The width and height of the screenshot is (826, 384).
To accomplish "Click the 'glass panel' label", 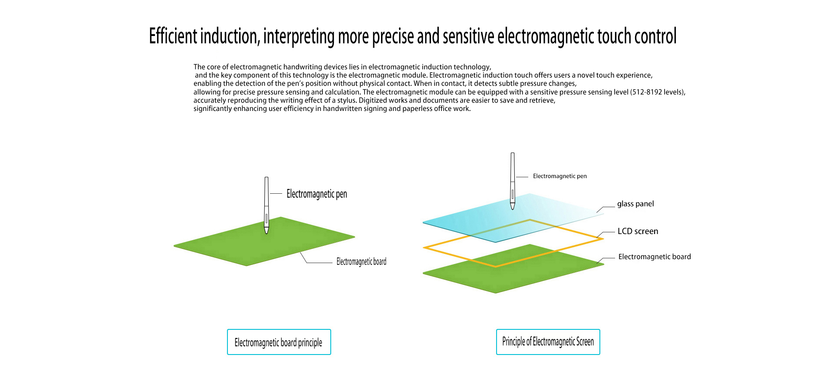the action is tap(635, 204).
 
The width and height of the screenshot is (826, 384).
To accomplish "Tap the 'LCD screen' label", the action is tap(638, 231).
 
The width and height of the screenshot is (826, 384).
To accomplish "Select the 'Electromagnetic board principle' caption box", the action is tap(279, 342).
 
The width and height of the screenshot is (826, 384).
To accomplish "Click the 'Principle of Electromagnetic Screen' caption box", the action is tap(548, 342).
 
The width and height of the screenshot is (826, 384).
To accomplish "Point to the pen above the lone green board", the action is tap(267, 205).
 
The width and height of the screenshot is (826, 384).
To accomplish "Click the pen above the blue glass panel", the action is tap(513, 181).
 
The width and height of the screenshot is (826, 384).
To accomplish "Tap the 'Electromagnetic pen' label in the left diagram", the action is tap(317, 194).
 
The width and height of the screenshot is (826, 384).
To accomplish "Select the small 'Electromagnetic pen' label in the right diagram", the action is tap(560, 176).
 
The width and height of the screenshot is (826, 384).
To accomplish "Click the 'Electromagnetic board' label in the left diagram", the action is tap(362, 261).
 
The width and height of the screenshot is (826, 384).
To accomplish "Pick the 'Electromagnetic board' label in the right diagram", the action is tap(655, 257).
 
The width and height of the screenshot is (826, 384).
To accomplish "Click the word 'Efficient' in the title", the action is tap(173, 36).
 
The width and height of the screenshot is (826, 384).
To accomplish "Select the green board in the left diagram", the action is tap(264, 241).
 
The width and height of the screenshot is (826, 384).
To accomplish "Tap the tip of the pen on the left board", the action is tap(267, 234).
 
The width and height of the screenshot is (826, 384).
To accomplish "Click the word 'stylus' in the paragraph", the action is tap(347, 100).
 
